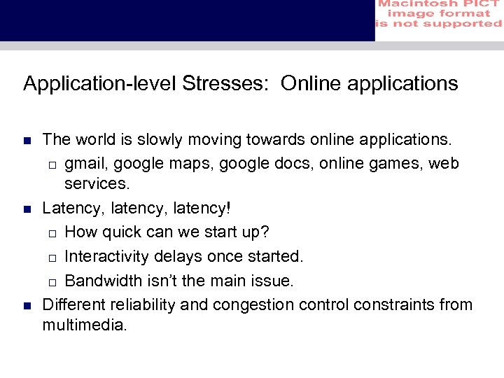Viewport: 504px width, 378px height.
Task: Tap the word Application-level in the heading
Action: coord(100,84)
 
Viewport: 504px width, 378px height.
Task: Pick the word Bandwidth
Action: coord(105,281)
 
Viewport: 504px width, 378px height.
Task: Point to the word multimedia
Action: coord(84,325)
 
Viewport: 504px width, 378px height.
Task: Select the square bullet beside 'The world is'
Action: coord(27,141)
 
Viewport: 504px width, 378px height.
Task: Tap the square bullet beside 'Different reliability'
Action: coord(27,305)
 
